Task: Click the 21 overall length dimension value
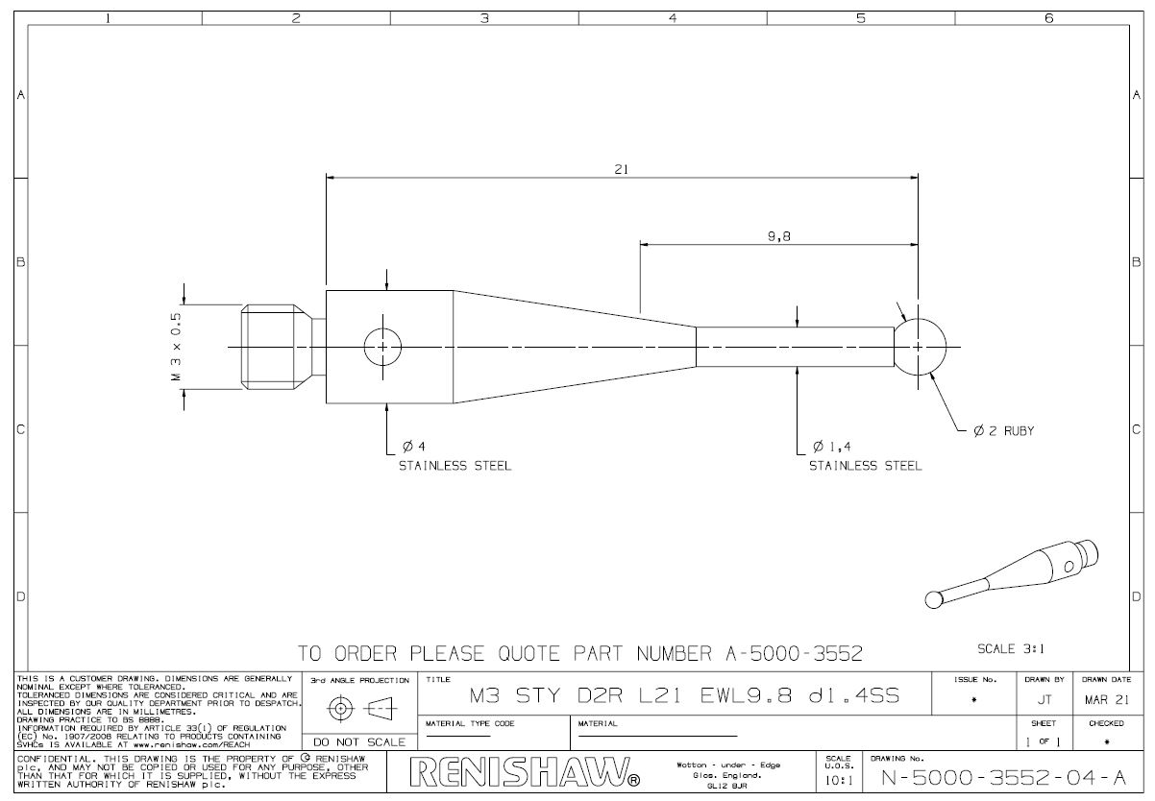(x=622, y=169)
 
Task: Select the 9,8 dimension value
(x=778, y=236)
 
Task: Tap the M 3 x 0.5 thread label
(x=176, y=347)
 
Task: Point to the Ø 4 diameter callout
(x=413, y=446)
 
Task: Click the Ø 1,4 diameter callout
(x=832, y=446)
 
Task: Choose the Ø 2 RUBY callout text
(x=1003, y=430)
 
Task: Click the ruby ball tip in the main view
(x=920, y=347)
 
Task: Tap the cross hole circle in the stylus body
(x=382, y=347)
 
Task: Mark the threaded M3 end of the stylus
(x=276, y=347)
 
